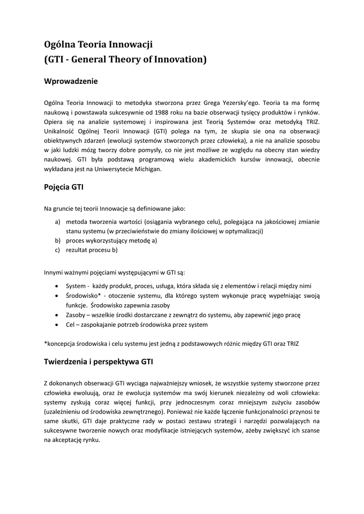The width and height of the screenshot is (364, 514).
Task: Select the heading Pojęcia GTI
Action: [x=64, y=187]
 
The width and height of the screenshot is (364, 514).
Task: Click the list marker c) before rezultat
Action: [x=58, y=250]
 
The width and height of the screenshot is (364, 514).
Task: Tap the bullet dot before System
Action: [x=57, y=286]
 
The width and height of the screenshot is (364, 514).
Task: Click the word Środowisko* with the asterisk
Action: [x=84, y=296]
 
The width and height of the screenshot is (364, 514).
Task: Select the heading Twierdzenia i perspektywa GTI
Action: [x=98, y=361]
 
